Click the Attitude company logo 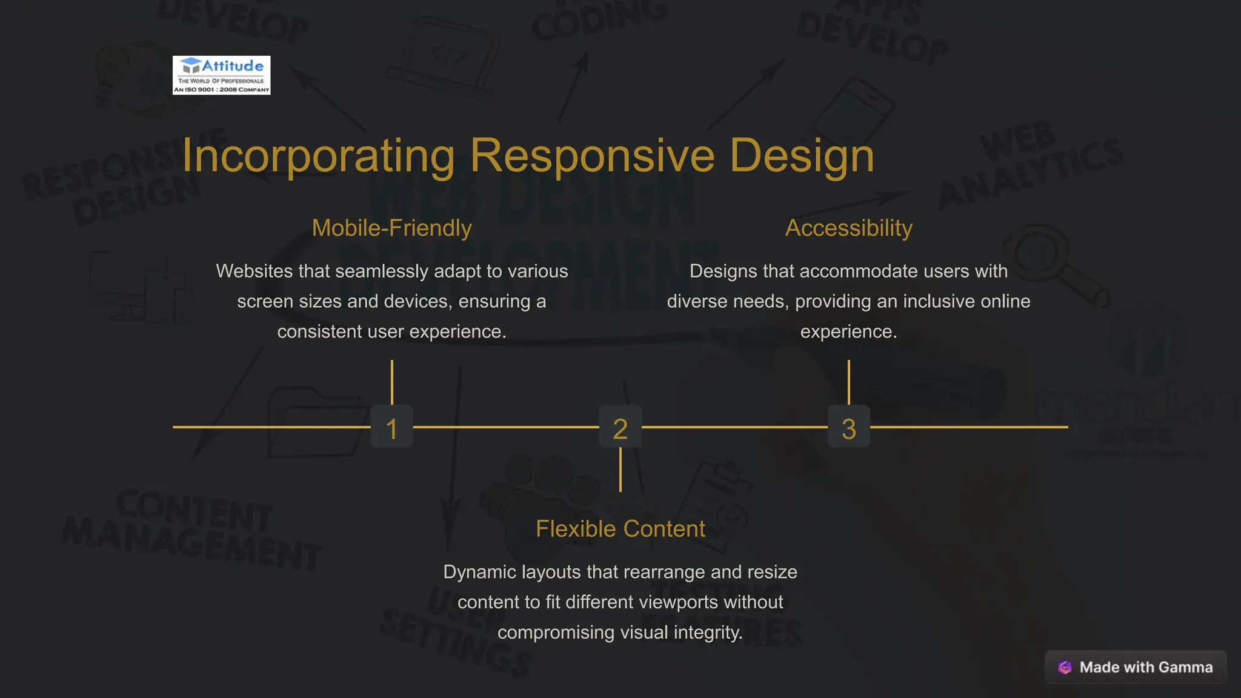click(221, 75)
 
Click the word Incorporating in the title click(318, 156)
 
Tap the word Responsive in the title click(592, 156)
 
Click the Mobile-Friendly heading click(391, 228)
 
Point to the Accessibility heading click(848, 228)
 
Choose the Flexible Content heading click(620, 529)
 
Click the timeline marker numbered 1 click(392, 428)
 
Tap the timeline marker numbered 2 click(620, 428)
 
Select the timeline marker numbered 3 click(848, 428)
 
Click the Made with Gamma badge click(1136, 667)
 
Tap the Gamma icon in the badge click(1065, 667)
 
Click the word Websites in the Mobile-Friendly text click(255, 271)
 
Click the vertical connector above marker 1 click(392, 382)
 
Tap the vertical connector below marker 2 click(620, 470)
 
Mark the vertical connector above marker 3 click(848, 382)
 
